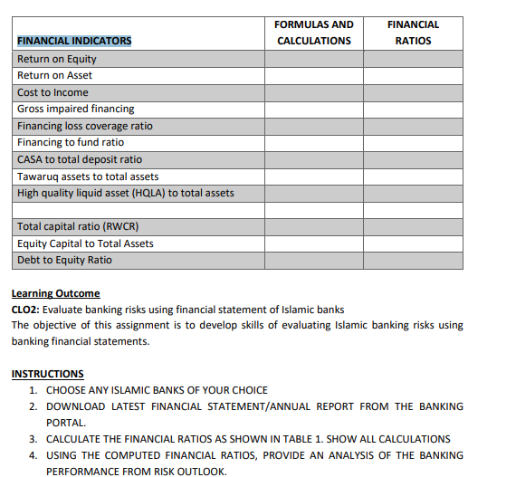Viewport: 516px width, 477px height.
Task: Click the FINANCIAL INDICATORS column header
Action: click(x=74, y=41)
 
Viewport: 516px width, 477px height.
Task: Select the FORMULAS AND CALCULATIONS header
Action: click(x=313, y=33)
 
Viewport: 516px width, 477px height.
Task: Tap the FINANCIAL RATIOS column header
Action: click(x=413, y=33)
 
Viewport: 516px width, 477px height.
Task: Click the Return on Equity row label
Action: click(x=57, y=59)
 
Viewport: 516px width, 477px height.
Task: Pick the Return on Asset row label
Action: click(x=54, y=75)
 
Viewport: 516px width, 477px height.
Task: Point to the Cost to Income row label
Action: click(x=53, y=92)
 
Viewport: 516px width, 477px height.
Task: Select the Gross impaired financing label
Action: click(x=76, y=109)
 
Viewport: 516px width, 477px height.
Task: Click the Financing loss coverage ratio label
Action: click(x=85, y=126)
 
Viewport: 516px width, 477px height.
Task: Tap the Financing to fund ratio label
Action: click(x=71, y=142)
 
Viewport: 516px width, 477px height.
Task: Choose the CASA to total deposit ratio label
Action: click(x=80, y=159)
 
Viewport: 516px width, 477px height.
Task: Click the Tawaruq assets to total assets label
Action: click(x=88, y=176)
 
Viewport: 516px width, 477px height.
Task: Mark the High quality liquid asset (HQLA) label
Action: click(x=126, y=193)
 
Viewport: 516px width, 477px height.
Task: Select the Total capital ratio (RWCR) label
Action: click(x=78, y=226)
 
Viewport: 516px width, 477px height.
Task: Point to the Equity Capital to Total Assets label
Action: click(x=86, y=243)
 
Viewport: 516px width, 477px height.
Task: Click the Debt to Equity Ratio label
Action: click(x=65, y=260)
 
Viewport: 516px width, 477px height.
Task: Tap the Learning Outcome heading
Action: click(x=55, y=293)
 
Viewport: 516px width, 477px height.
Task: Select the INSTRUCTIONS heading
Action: click(x=47, y=374)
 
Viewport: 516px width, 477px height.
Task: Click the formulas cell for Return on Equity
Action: click(x=313, y=59)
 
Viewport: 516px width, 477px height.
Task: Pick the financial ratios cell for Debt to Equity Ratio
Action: click(x=413, y=260)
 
